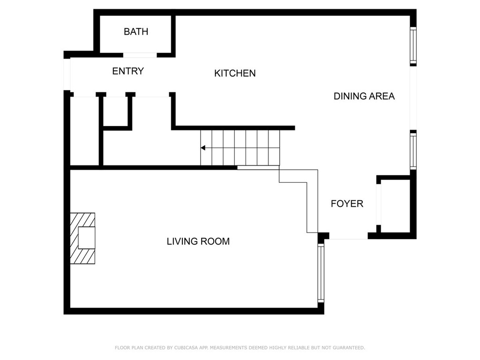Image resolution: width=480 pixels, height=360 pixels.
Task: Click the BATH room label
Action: [x=136, y=31]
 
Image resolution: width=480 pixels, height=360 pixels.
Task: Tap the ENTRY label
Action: [x=128, y=71]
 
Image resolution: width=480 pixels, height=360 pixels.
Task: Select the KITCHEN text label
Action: [x=235, y=73]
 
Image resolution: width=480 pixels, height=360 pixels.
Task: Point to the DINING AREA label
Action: [x=364, y=96]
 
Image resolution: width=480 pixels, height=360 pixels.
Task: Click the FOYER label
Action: [x=347, y=203]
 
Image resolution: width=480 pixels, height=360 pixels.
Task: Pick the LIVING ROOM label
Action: [x=198, y=241]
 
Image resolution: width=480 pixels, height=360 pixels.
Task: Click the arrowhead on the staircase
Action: [x=203, y=148]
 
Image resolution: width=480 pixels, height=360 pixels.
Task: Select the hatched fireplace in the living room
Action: [x=82, y=239]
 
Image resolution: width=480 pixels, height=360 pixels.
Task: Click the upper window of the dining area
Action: [x=413, y=45]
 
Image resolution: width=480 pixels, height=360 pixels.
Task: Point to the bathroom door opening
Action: [x=140, y=55]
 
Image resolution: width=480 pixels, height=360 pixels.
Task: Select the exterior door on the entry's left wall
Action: [x=67, y=75]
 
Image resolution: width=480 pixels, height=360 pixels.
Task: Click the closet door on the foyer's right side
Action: [x=379, y=205]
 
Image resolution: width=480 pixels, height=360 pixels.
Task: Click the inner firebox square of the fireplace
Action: [x=86, y=238]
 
